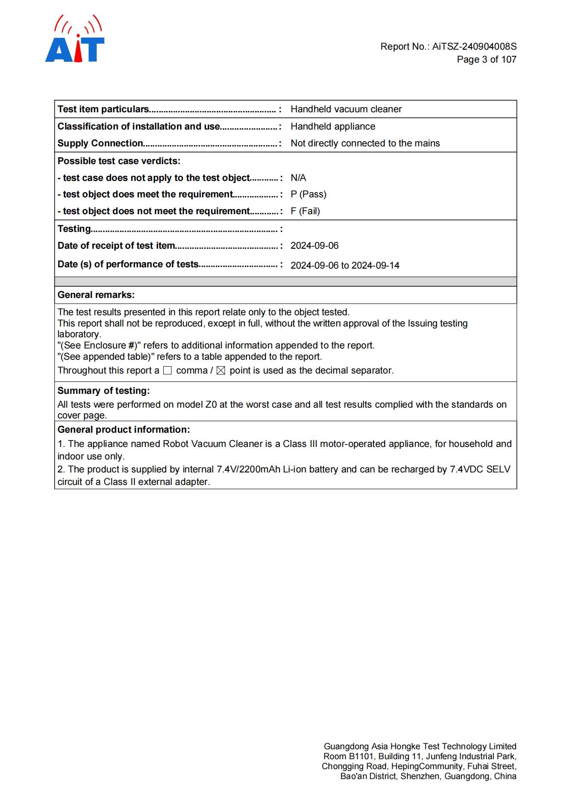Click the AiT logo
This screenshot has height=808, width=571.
pos(75,40)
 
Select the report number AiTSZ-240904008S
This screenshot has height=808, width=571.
pos(474,47)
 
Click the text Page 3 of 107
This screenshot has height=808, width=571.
pos(486,60)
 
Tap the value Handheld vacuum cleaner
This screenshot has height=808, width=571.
pos(346,109)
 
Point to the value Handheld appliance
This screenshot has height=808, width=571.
pos(333,127)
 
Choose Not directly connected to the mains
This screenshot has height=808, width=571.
pos(365,143)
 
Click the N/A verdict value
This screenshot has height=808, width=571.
pos(298,178)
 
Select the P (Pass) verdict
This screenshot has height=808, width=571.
pos(308,194)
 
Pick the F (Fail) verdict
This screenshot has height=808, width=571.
pos(305,211)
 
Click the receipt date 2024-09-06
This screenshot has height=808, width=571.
pos(314,246)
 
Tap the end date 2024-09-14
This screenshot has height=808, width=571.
pos(375,266)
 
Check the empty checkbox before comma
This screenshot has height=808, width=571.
pos(167,371)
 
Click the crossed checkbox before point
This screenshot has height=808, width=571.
pos(221,371)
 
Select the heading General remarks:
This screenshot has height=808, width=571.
pos(96,295)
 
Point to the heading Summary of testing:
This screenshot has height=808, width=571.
pos(104,391)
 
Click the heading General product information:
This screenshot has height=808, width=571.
pos(124,430)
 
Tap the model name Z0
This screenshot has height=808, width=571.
pos(211,405)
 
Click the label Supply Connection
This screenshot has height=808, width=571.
pos(100,143)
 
